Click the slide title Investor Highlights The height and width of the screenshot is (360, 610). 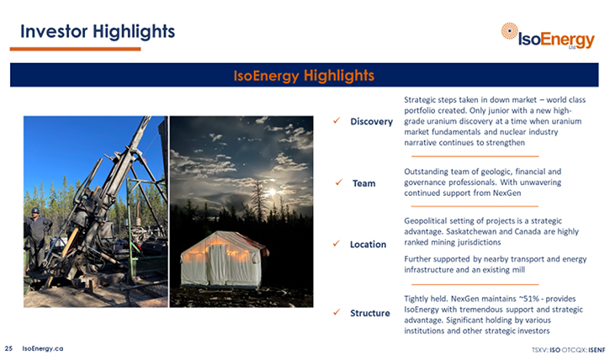(x=98, y=32)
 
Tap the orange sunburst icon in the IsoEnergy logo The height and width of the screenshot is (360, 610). (x=509, y=31)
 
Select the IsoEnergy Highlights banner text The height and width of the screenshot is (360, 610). (x=304, y=75)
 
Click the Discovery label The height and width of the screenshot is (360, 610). (x=372, y=122)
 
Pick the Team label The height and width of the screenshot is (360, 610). (x=363, y=183)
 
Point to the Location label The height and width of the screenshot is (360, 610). (x=368, y=245)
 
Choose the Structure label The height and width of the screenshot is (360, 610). (x=370, y=314)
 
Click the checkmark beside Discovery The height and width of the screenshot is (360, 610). (x=337, y=121)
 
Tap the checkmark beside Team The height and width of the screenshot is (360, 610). (x=339, y=182)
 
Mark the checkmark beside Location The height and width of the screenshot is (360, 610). (x=337, y=243)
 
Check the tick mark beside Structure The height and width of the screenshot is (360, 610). (x=337, y=312)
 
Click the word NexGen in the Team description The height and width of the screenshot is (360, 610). (x=507, y=193)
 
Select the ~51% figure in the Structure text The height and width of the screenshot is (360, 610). (x=529, y=299)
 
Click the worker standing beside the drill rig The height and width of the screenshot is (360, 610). (x=36, y=238)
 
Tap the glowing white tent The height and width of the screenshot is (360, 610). (x=222, y=259)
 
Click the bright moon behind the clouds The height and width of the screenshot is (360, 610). (x=272, y=192)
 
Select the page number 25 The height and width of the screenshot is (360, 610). (x=8, y=349)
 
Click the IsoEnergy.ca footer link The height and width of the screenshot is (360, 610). (x=43, y=349)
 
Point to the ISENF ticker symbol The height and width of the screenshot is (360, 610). (x=597, y=350)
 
